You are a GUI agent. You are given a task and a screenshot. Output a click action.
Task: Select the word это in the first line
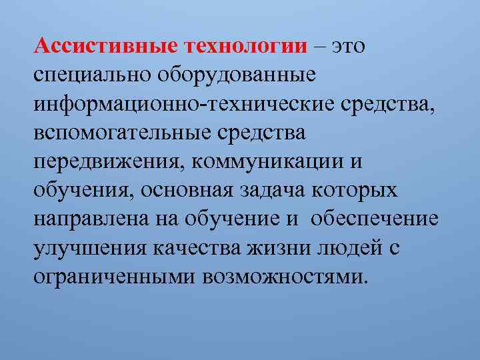[x=348, y=46]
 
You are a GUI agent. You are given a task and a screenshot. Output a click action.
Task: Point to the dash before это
[x=319, y=46]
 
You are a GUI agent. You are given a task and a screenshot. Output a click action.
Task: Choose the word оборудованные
[x=235, y=75]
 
